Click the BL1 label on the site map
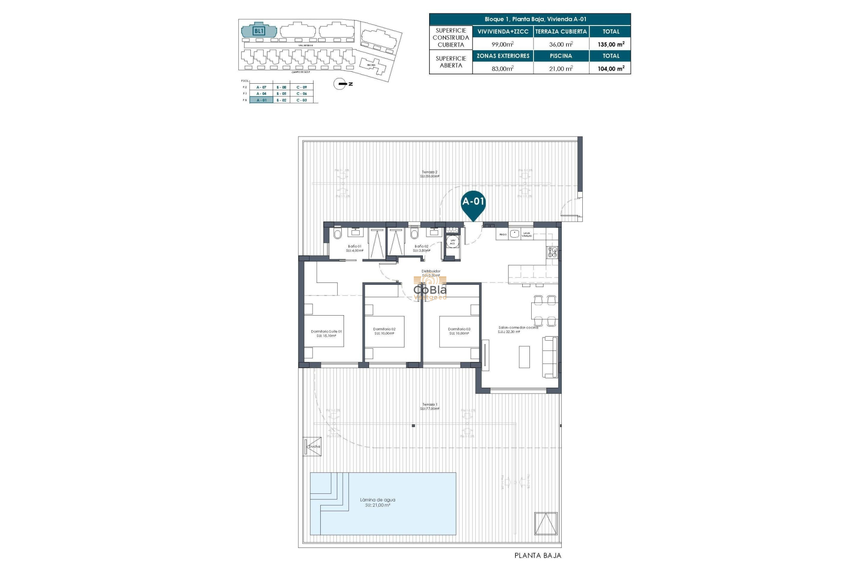(259, 31)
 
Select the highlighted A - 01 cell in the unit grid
(261, 100)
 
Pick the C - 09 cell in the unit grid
(301, 87)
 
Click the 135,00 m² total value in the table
(611, 44)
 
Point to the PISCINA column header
(561, 56)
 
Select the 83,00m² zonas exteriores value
(503, 68)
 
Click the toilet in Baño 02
(414, 234)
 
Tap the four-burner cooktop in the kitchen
(552, 252)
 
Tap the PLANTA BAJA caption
(537, 556)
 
